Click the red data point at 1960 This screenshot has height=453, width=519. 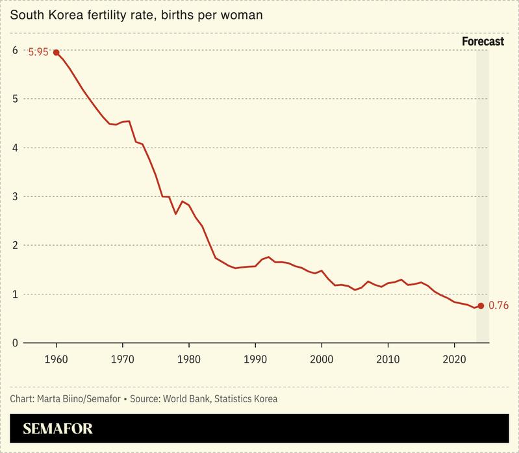click(56, 52)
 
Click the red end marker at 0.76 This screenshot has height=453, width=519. click(481, 305)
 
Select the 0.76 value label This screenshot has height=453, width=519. click(499, 305)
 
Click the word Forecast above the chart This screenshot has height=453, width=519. click(483, 42)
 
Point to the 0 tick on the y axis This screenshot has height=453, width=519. click(14, 343)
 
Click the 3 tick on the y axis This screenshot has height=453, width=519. click(14, 196)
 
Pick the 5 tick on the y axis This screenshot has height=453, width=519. click(14, 99)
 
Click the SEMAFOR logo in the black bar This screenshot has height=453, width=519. click(58, 429)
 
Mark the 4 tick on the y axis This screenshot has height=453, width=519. click(14, 148)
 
